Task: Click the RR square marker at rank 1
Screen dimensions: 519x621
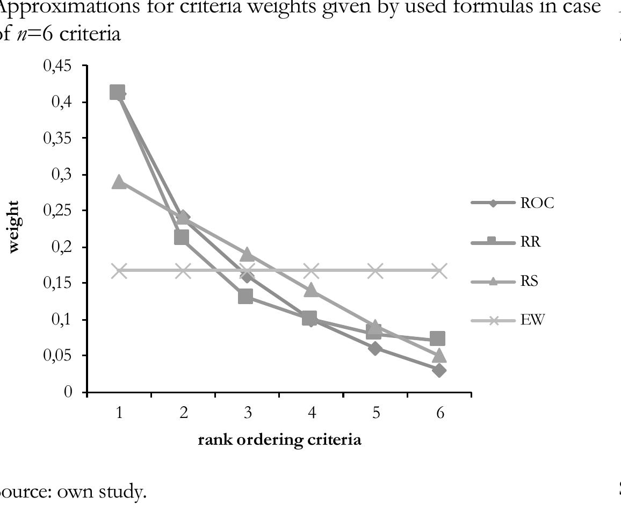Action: pos(118,92)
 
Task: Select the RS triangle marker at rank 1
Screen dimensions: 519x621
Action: pos(119,182)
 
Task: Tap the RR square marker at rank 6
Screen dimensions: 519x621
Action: pos(437,338)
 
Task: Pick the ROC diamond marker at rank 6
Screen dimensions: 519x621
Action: pos(439,370)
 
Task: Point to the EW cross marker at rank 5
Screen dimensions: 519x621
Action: pos(375,271)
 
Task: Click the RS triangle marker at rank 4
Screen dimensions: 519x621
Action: pos(312,290)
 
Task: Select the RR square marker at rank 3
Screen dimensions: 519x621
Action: pos(245,296)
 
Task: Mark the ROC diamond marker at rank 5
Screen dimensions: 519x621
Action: pos(375,348)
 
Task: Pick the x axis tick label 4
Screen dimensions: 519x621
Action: pos(312,413)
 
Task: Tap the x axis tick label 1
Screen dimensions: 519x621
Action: pos(119,413)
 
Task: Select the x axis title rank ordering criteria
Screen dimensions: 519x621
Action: pos(279,440)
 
